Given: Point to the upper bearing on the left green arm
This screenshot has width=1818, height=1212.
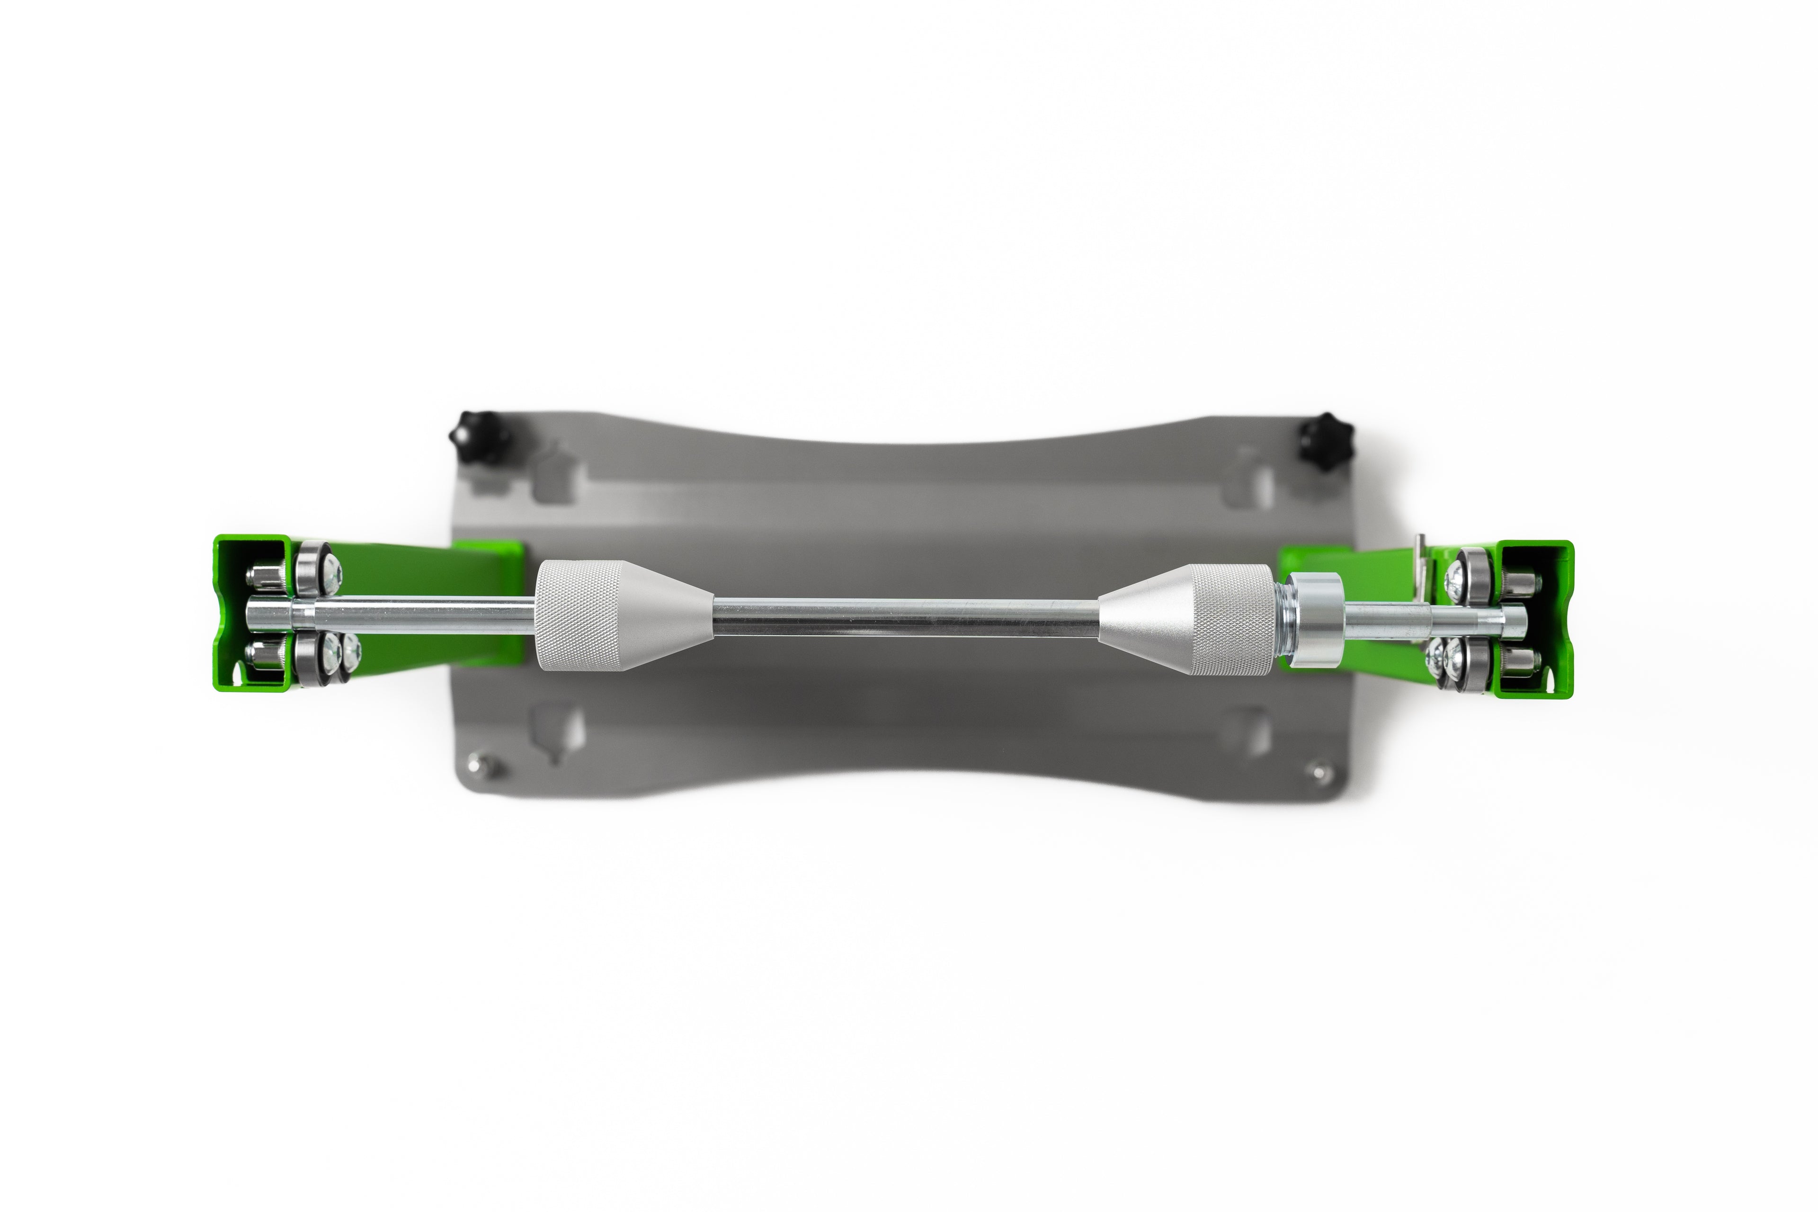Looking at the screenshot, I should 312,570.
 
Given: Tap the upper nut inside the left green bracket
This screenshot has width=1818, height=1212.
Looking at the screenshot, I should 259,576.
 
